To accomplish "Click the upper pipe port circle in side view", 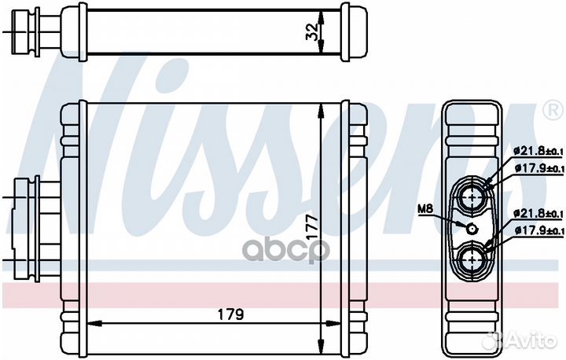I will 473,197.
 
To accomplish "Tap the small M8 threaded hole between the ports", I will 472,229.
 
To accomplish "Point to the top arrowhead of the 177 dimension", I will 322,108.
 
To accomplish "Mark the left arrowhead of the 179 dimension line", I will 89,322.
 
